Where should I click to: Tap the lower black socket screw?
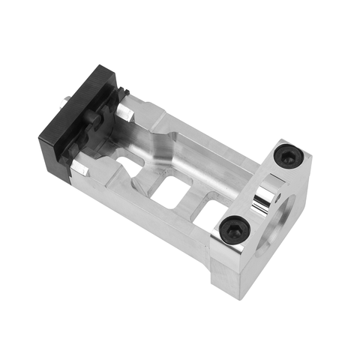[235, 229]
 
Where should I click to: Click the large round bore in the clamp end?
[289, 217]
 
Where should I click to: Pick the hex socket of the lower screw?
[235, 229]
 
